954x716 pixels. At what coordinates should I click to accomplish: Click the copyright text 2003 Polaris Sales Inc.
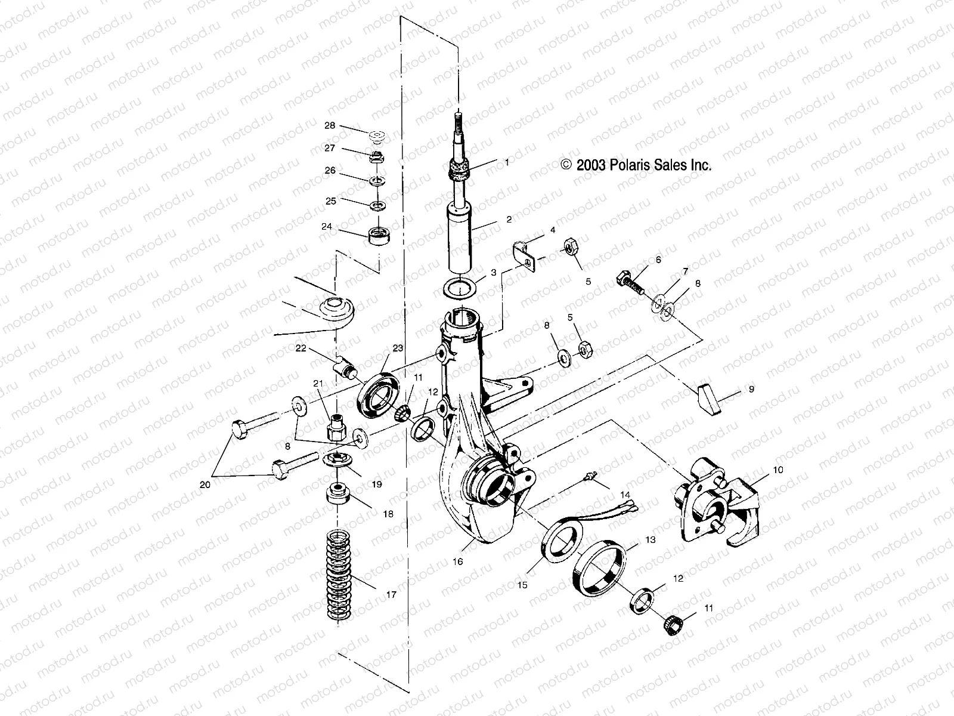(x=636, y=165)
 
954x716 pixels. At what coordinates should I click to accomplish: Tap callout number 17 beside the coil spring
(x=391, y=594)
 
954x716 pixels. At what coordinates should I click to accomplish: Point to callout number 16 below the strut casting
(x=457, y=561)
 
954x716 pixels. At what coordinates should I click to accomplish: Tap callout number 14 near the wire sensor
(x=625, y=494)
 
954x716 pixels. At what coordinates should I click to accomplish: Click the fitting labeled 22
(x=346, y=364)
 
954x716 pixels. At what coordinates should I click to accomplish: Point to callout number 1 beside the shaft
(x=507, y=162)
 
